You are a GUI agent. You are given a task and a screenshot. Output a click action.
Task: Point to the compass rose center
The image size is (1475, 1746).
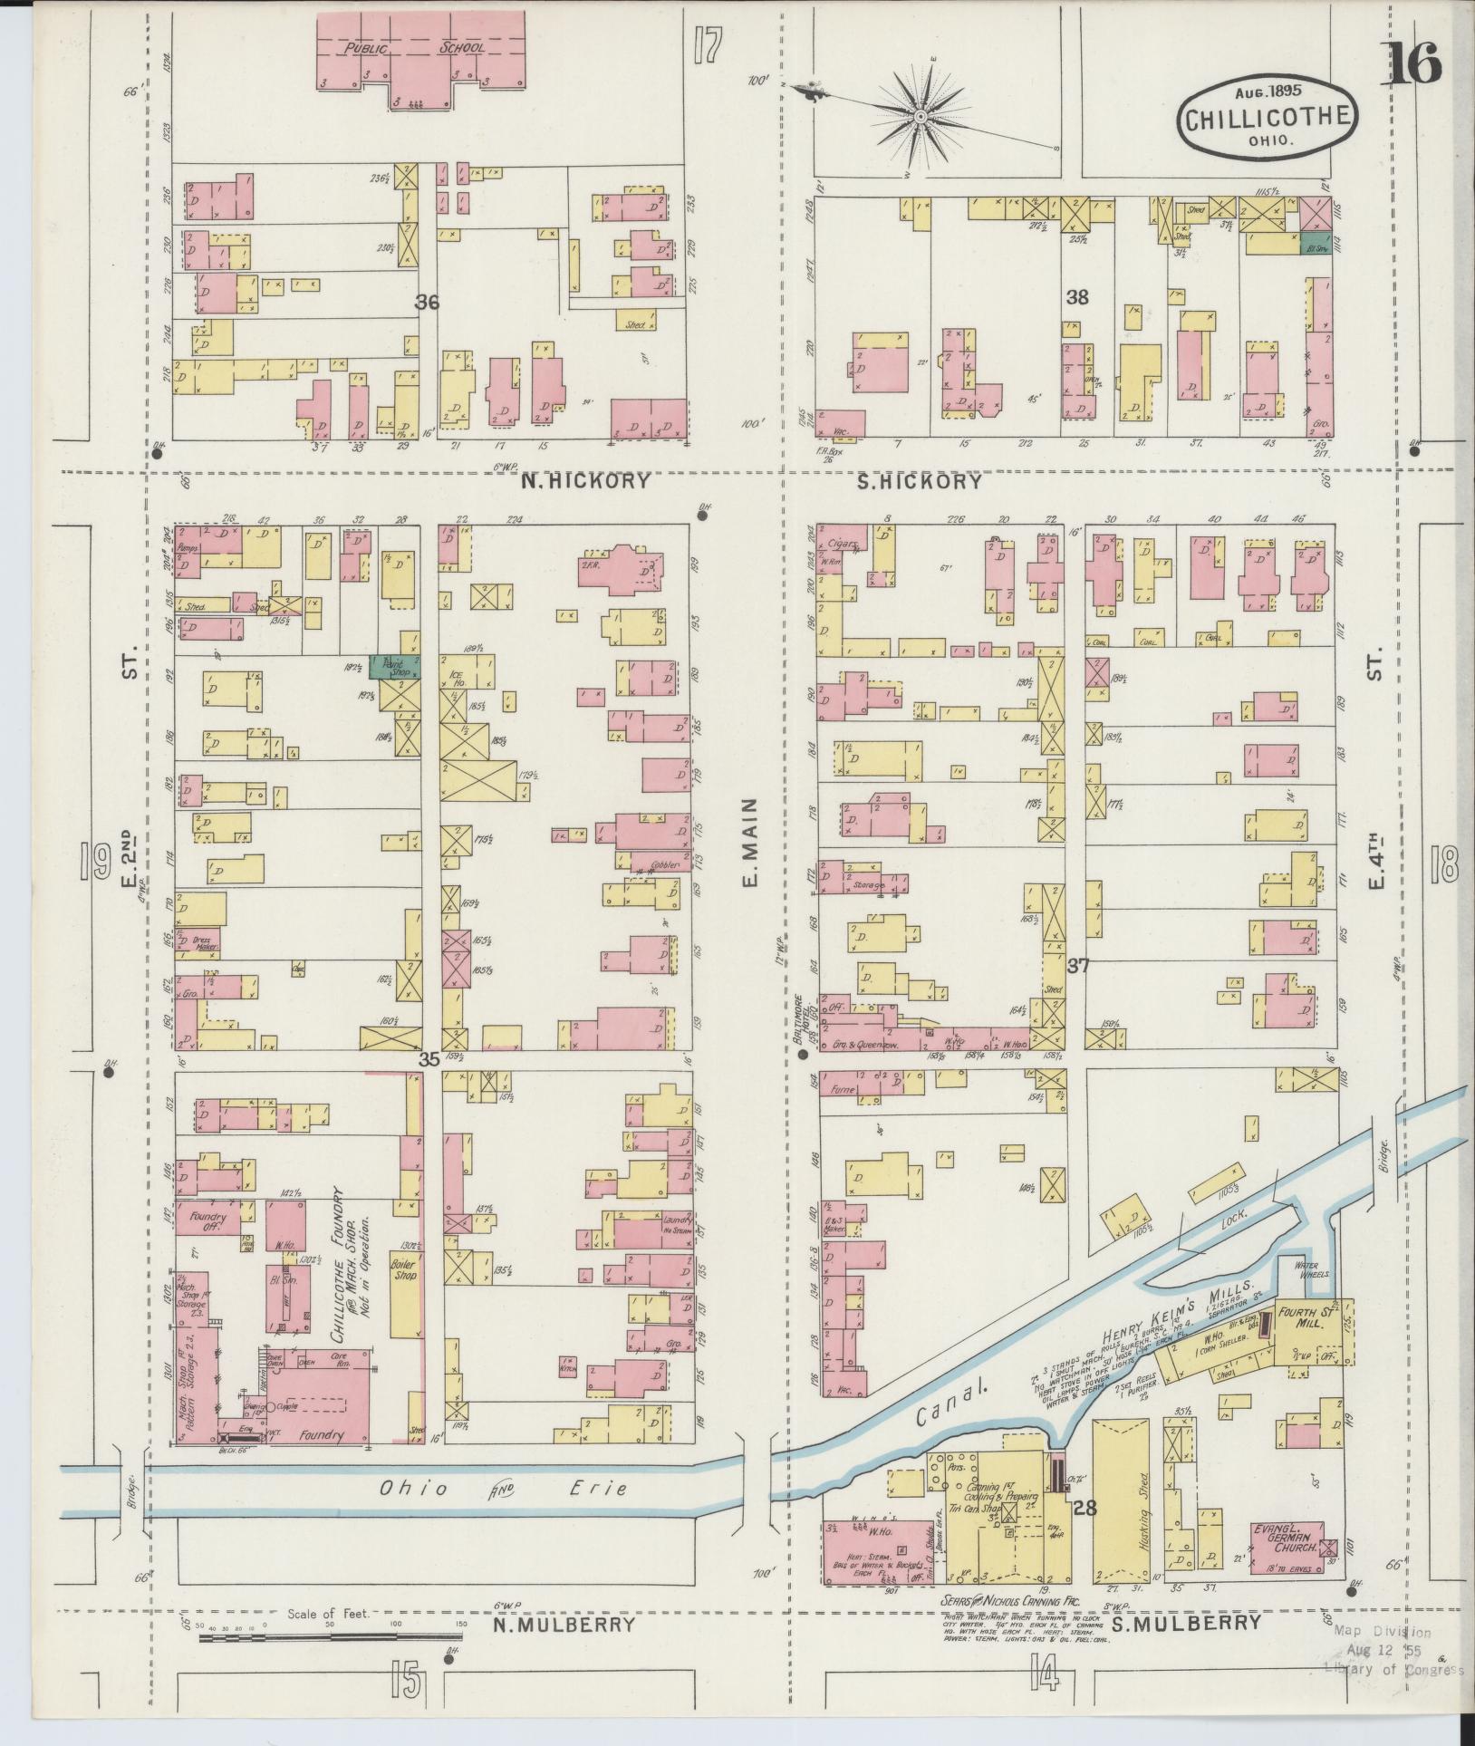pos(920,117)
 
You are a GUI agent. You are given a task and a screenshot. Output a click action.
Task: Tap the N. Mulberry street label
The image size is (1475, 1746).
pos(564,1624)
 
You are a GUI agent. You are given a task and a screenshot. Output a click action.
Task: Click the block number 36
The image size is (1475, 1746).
pos(427,303)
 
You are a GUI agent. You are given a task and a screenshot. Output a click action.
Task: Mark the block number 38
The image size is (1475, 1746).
pos(1076,297)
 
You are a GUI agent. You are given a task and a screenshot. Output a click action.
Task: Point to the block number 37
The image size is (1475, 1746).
pos(1077,966)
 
